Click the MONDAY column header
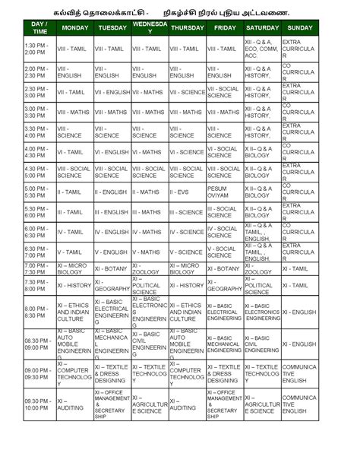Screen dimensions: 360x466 tap(74, 27)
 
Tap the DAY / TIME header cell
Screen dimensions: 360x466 tap(38, 27)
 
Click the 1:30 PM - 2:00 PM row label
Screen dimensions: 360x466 tap(38, 49)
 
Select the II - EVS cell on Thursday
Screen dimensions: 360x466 tap(186, 190)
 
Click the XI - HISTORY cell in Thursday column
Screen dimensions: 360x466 tap(186, 285)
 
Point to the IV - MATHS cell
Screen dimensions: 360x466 tap(149, 231)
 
